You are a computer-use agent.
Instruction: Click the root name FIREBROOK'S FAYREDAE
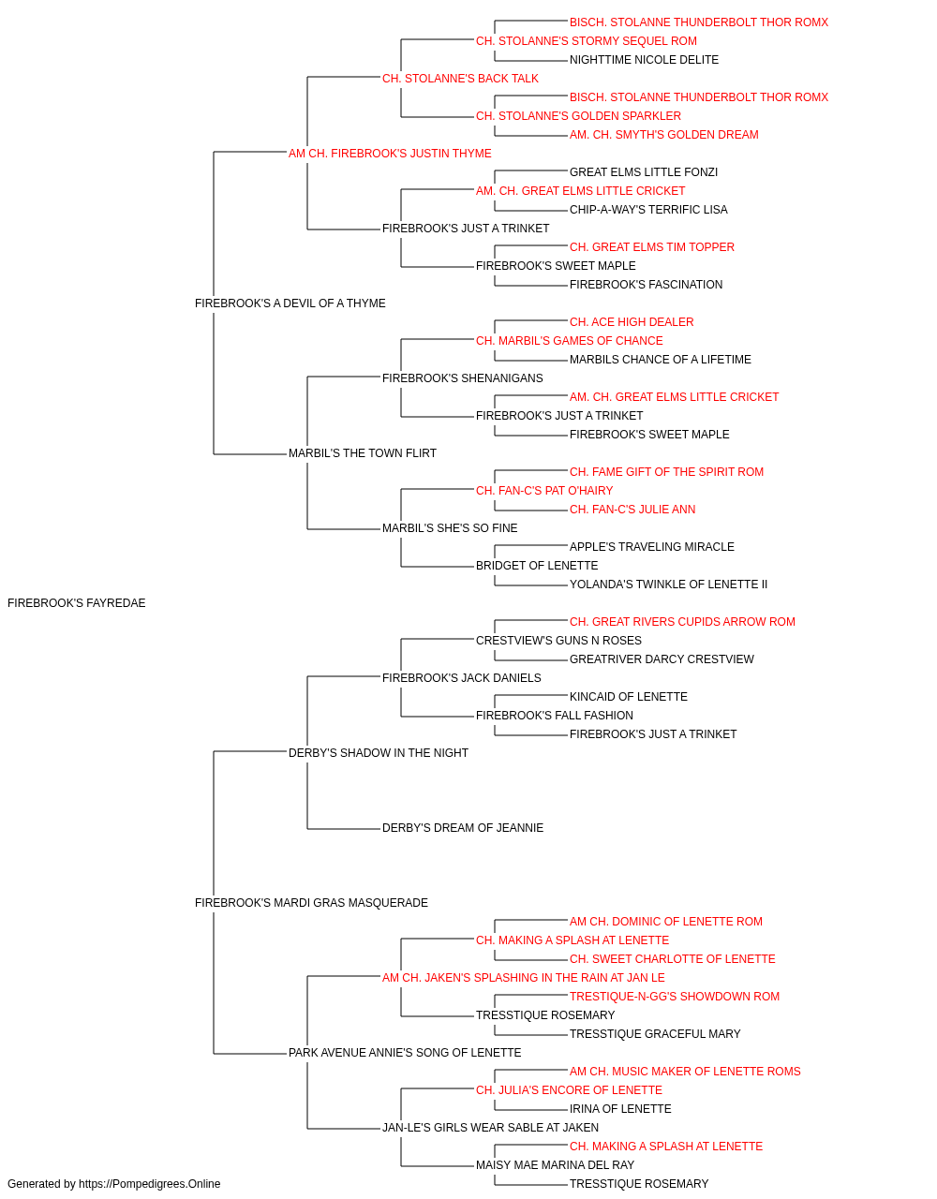click(x=77, y=602)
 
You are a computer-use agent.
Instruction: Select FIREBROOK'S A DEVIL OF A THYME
click(x=290, y=303)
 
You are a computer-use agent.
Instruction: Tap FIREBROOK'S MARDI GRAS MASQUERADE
click(x=311, y=902)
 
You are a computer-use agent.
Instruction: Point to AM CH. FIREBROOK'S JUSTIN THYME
click(x=390, y=154)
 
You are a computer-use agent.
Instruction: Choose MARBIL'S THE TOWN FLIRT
click(x=363, y=453)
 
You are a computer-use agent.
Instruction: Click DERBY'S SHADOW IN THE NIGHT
click(x=379, y=752)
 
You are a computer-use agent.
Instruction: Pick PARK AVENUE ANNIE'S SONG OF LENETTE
click(x=405, y=1052)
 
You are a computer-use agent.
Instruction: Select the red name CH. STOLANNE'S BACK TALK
click(x=460, y=79)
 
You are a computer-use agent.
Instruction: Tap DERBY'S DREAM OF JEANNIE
click(x=463, y=828)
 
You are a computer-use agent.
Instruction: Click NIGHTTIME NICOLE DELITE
click(x=644, y=60)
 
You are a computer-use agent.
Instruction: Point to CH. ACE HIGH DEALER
click(x=632, y=321)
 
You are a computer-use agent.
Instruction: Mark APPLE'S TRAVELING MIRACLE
click(x=652, y=546)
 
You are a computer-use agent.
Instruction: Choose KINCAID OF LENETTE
click(x=629, y=696)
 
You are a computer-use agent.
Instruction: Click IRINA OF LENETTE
click(x=620, y=1108)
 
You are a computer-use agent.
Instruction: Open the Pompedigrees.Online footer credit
click(x=113, y=1184)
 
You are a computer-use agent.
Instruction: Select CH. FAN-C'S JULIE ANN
click(x=632, y=510)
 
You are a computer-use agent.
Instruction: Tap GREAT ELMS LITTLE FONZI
click(x=644, y=172)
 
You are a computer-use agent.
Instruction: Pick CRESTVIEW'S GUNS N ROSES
click(x=559, y=640)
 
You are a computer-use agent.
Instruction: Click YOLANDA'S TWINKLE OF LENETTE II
click(x=668, y=584)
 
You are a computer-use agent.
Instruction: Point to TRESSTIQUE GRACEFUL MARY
click(x=655, y=1033)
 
